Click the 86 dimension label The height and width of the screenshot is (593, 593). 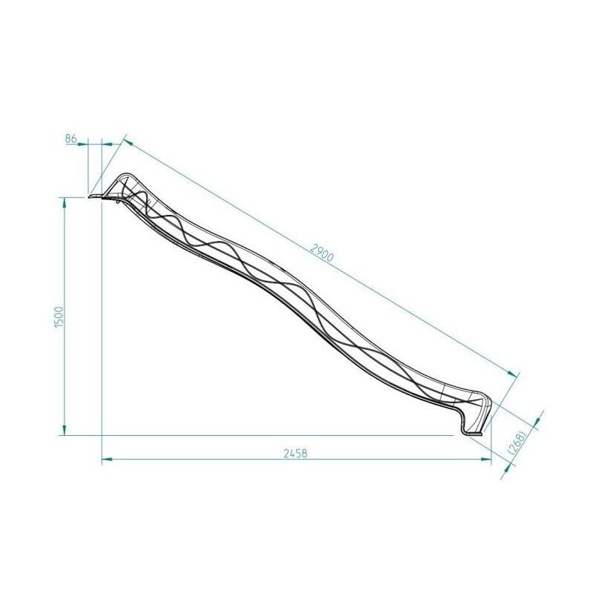click(72, 138)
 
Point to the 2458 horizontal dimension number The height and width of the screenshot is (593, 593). click(296, 453)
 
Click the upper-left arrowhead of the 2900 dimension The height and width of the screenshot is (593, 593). click(127, 142)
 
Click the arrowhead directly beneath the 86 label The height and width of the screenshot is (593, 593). click(86, 144)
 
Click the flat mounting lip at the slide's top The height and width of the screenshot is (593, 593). click(97, 196)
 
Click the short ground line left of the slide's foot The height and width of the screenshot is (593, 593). click(445, 435)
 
